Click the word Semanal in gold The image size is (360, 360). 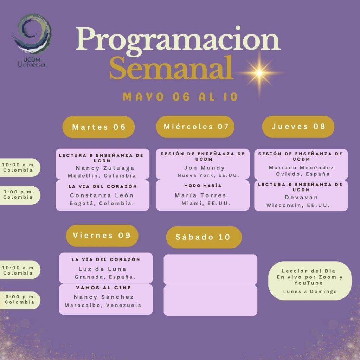click(x=171, y=68)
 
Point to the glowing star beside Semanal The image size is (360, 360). click(x=259, y=73)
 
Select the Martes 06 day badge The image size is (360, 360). click(x=98, y=127)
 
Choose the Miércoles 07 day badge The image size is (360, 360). click(x=195, y=127)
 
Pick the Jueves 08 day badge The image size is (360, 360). click(x=298, y=127)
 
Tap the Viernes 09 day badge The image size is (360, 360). click(x=102, y=236)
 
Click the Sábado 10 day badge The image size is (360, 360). click(x=204, y=237)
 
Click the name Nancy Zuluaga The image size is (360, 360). click(x=105, y=168)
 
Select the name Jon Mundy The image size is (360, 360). click(x=204, y=168)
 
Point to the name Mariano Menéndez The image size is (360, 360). click(x=301, y=168)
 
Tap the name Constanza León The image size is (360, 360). click(x=102, y=195)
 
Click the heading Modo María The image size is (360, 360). click(x=203, y=186)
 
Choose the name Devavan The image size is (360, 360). click(x=301, y=198)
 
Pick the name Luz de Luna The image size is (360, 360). click(x=102, y=269)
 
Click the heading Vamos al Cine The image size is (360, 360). click(x=103, y=288)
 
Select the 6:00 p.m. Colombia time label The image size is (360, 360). click(x=20, y=300)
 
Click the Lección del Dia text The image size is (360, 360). click(x=309, y=271)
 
